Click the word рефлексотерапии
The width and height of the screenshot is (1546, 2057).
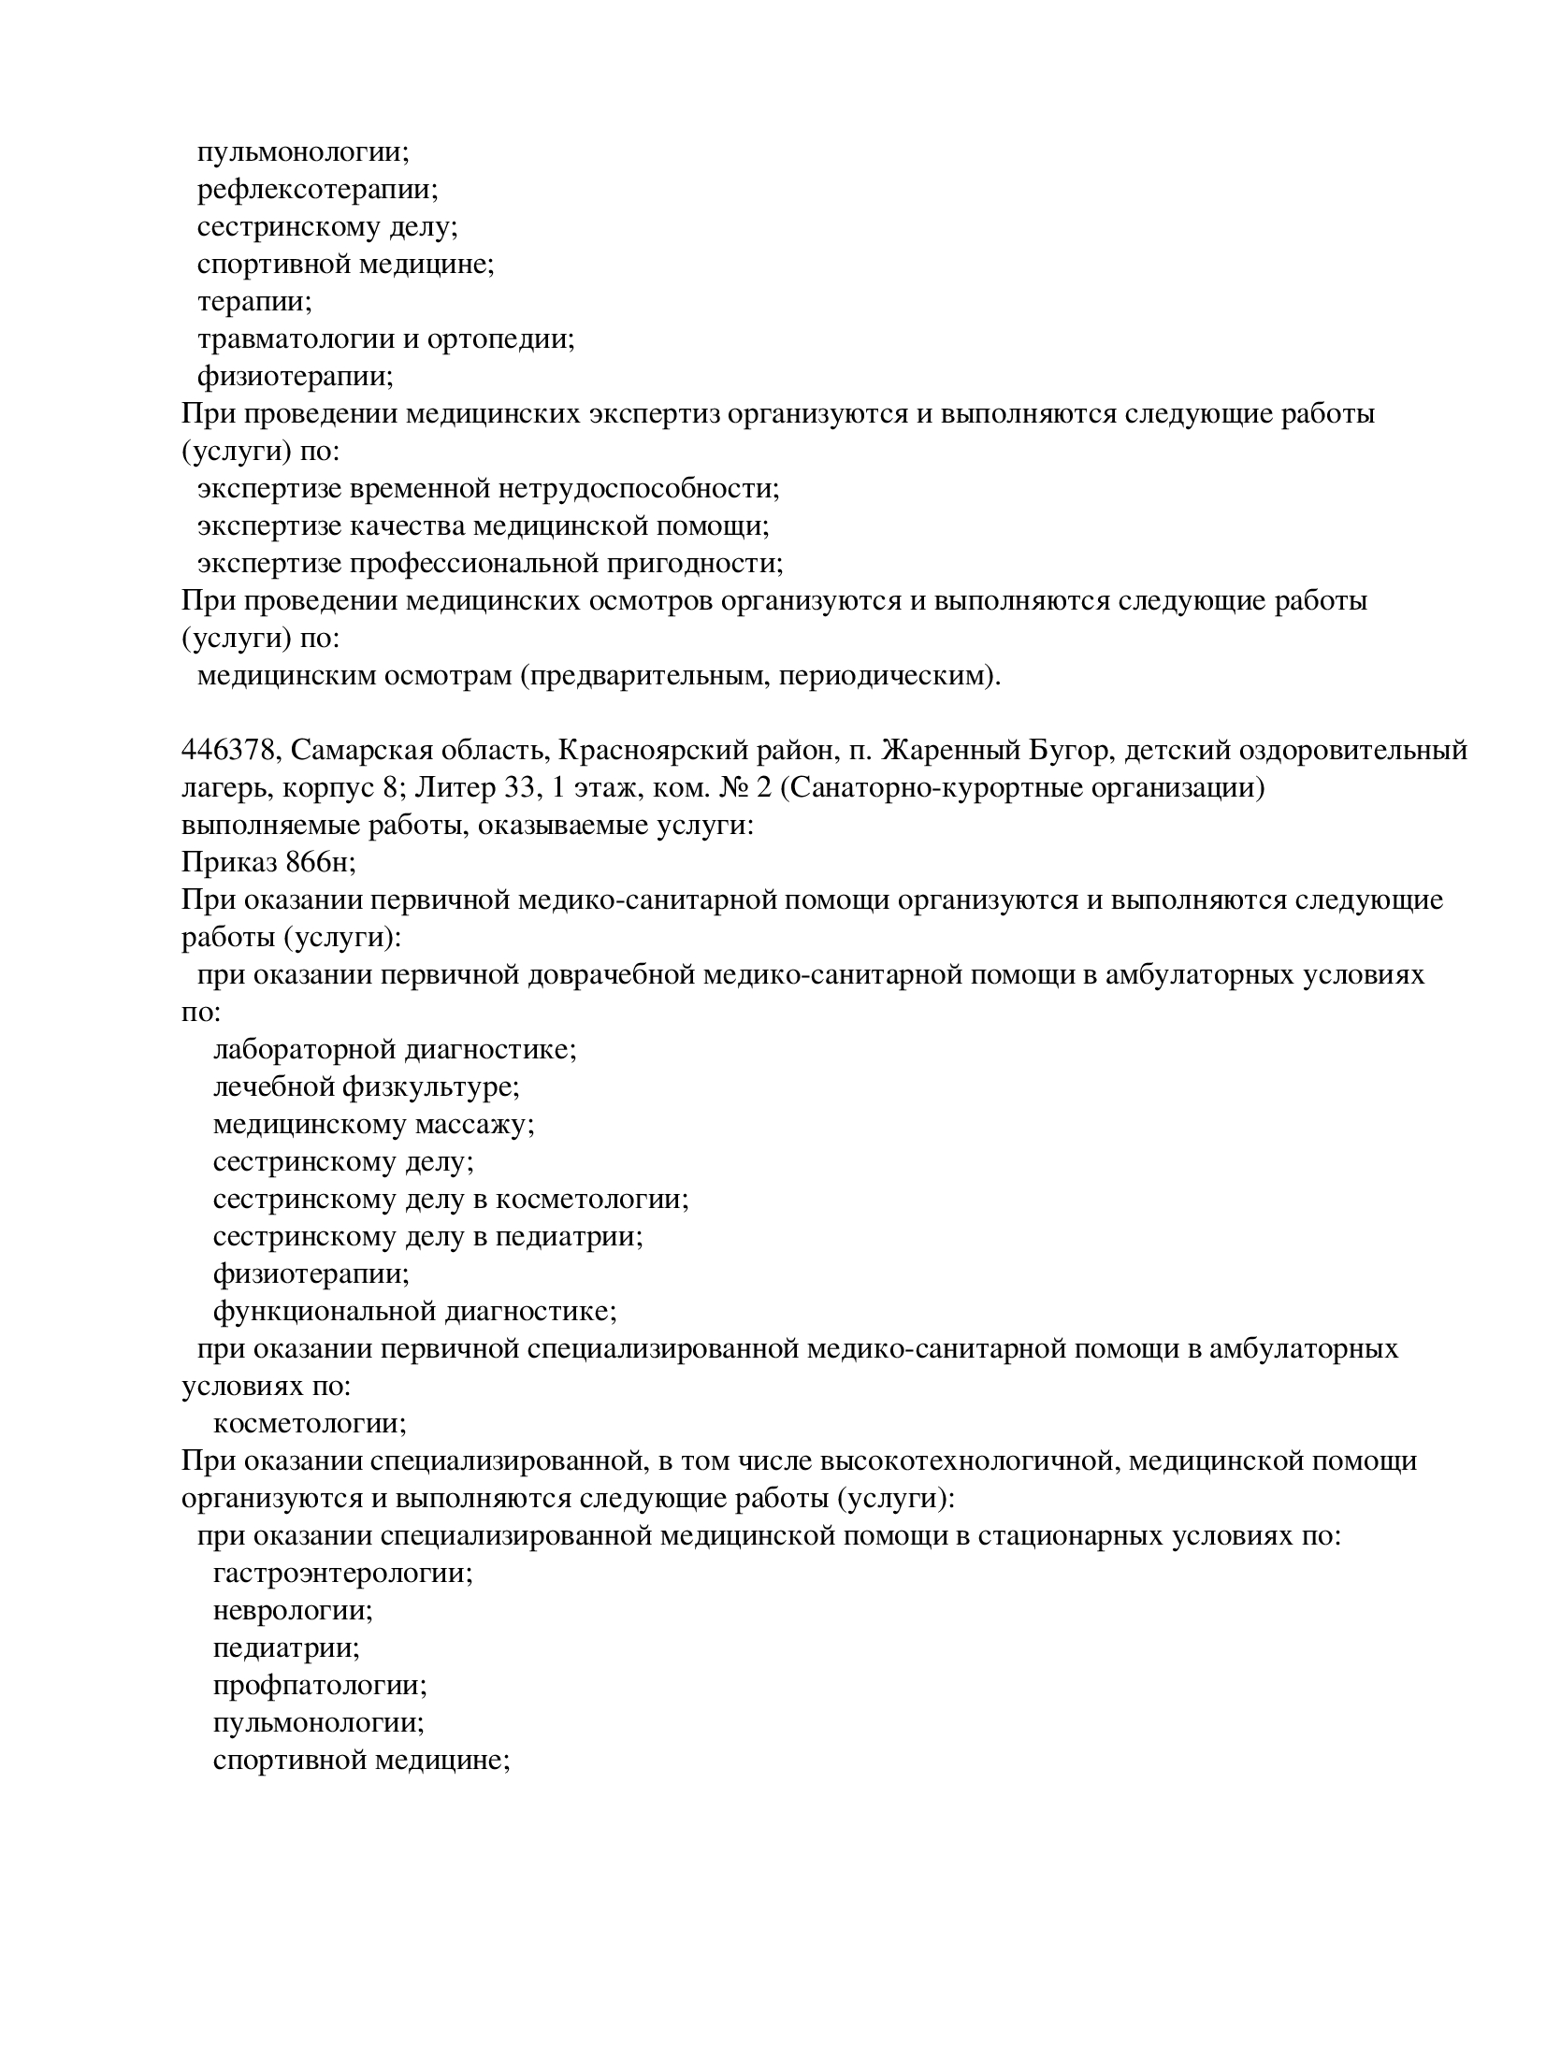tap(317, 190)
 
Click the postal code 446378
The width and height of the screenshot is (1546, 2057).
tap(229, 751)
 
